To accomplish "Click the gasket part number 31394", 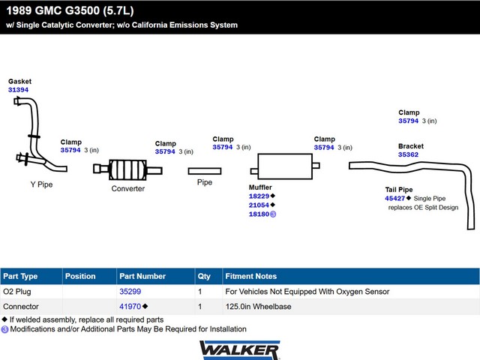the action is click(18, 90).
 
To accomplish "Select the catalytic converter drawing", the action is click(127, 169).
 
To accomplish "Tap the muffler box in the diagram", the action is click(285, 166).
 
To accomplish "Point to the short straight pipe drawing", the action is click(205, 171).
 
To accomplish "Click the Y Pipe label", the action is click(41, 184).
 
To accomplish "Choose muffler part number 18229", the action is click(259, 196).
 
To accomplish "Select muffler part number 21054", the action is click(259, 205).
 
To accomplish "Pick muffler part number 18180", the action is click(259, 214).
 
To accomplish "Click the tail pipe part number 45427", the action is click(395, 198).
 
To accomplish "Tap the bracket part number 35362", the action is click(408, 154).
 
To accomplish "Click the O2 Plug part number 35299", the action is click(130, 292).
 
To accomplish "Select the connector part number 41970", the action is click(130, 307).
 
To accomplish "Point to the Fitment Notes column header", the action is click(251, 276).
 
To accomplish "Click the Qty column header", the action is click(204, 277).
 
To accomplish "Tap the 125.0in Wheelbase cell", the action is click(258, 307).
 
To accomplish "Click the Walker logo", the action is click(240, 350).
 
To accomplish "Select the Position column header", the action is click(80, 276).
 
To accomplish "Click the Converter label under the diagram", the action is click(128, 188).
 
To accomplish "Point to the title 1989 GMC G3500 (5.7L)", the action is click(70, 10).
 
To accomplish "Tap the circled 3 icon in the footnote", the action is click(4, 329).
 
